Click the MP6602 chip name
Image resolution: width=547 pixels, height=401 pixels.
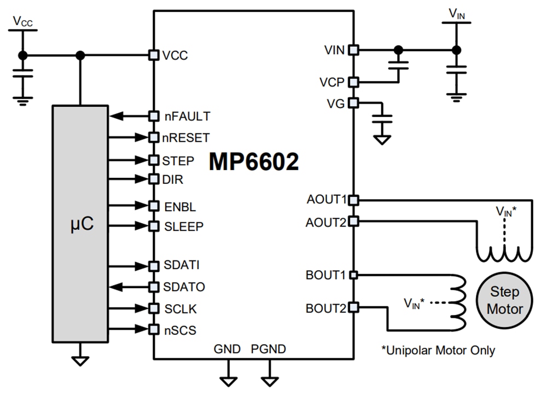coord(254,162)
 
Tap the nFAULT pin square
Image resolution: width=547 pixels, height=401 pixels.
coord(154,116)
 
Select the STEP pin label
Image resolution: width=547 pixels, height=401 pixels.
coord(178,161)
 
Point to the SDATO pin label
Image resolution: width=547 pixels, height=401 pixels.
coord(184,287)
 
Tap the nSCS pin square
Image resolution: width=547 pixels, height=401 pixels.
coord(154,329)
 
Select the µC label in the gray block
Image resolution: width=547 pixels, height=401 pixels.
coord(80,225)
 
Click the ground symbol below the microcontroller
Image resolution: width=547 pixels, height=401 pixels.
coord(80,360)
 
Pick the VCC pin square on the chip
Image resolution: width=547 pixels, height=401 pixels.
coord(154,55)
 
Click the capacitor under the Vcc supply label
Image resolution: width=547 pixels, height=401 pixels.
coord(22,73)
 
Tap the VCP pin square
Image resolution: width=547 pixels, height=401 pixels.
coord(353,82)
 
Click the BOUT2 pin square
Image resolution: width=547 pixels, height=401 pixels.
coord(353,307)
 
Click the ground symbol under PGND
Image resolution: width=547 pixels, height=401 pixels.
coord(269,379)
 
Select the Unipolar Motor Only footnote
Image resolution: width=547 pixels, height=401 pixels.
coord(438,350)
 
